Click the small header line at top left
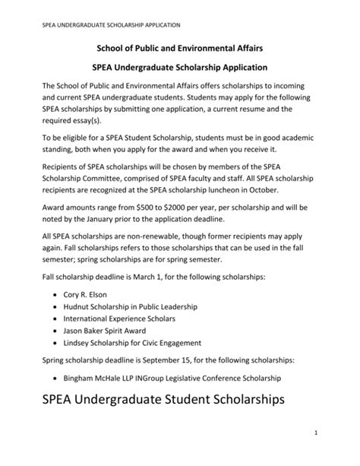[x=106, y=24]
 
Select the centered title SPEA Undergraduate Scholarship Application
[x=181, y=67]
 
